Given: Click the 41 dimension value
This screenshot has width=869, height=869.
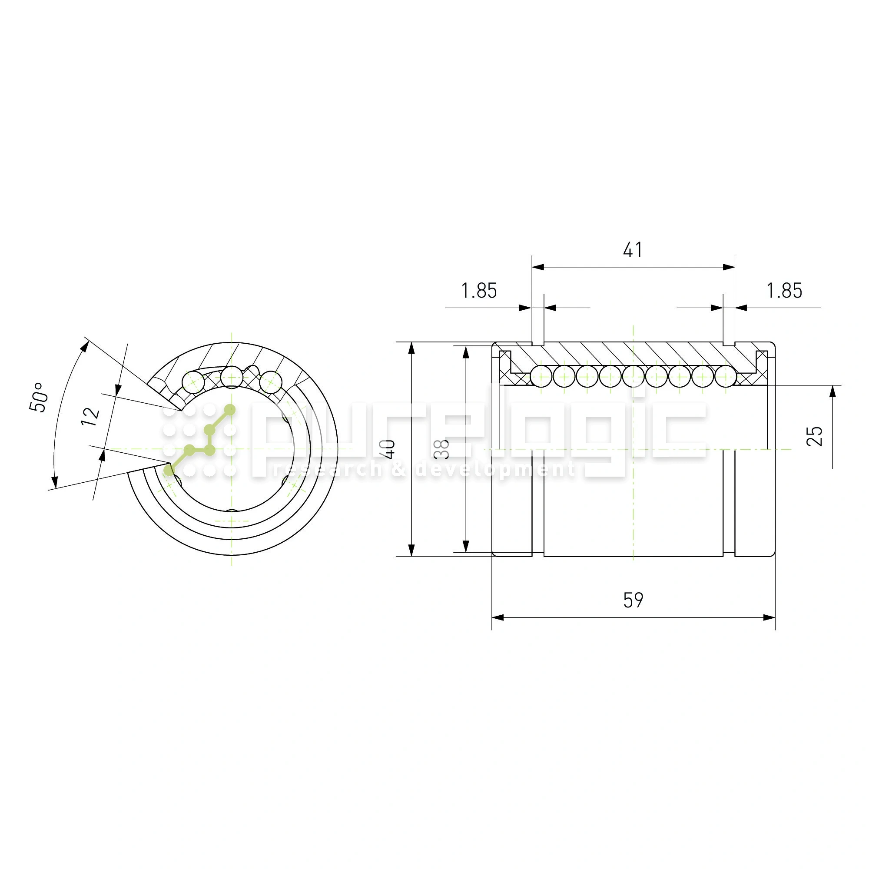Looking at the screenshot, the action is tap(633, 250).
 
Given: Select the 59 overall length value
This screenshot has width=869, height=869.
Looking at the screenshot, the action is tap(634, 600).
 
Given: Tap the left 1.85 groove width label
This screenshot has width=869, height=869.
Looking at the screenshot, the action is tap(479, 291).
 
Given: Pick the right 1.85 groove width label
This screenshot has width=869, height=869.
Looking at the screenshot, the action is tap(784, 291).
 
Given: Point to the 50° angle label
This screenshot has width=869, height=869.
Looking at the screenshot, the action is tap(38, 397).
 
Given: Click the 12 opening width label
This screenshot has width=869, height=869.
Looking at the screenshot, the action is tap(90, 417).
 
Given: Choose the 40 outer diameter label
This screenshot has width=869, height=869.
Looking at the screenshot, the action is tap(387, 449).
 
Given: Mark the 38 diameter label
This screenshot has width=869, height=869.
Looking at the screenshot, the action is tap(443, 449).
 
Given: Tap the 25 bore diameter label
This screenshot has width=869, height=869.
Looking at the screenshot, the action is tap(814, 436).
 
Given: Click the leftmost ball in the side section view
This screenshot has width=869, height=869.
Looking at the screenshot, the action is tap(541, 376).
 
